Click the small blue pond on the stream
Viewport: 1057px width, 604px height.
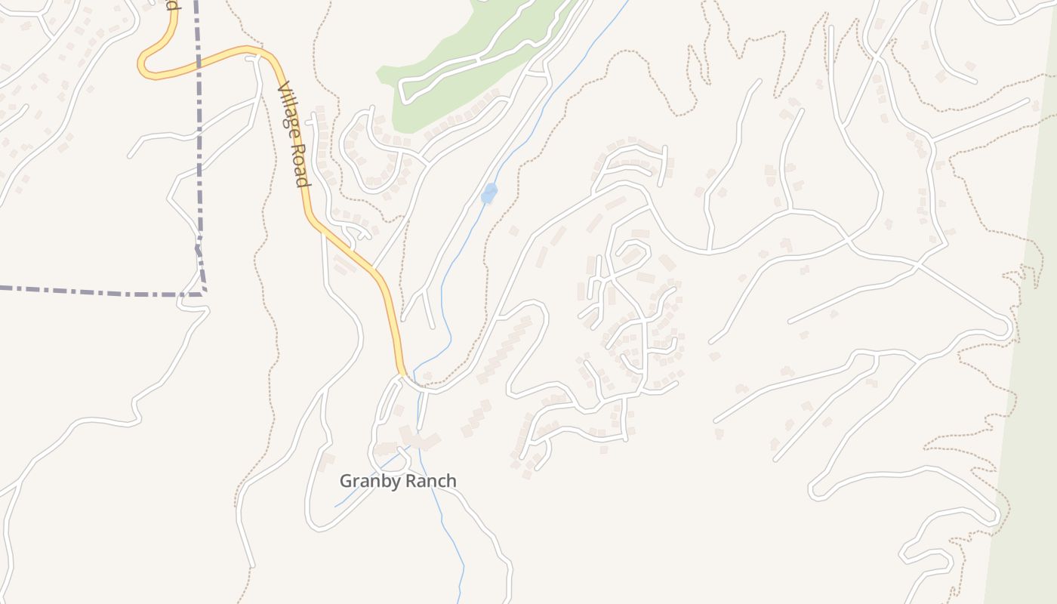click(489, 193)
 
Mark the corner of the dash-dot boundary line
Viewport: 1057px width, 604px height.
click(204, 291)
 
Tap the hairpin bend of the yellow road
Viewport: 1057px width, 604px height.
click(143, 66)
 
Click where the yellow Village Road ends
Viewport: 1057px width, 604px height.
click(402, 373)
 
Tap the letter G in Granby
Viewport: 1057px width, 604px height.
click(346, 481)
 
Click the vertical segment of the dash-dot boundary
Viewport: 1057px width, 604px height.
click(199, 151)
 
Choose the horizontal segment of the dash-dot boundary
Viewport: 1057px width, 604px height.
click(98, 290)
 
